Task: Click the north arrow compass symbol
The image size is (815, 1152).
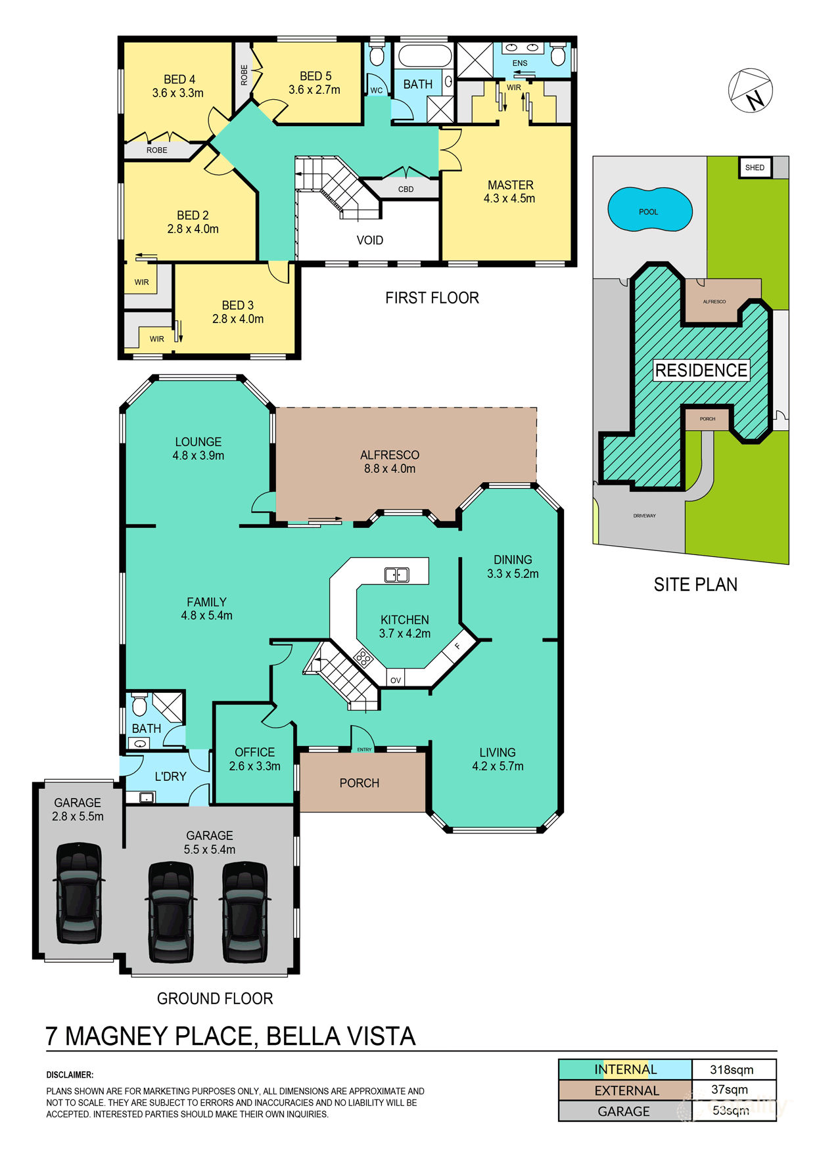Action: pyautogui.click(x=751, y=91)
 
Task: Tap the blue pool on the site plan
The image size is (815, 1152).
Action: pyautogui.click(x=649, y=210)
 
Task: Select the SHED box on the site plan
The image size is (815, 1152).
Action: pyautogui.click(x=755, y=167)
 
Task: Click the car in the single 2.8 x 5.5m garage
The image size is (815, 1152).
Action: pyautogui.click(x=79, y=893)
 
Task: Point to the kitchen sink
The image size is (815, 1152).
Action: pyautogui.click(x=396, y=575)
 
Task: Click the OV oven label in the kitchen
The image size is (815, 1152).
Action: pyautogui.click(x=395, y=680)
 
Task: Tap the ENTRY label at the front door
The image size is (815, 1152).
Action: pyautogui.click(x=364, y=749)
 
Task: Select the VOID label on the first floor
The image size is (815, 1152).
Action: pyautogui.click(x=369, y=240)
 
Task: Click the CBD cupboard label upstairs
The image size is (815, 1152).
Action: pyautogui.click(x=406, y=189)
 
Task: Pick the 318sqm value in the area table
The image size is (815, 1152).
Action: pyautogui.click(x=732, y=1070)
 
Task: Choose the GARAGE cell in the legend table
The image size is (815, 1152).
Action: pyautogui.click(x=624, y=1111)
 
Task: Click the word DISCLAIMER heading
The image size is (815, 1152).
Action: pyautogui.click(x=70, y=1075)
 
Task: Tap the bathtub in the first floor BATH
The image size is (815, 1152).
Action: pyautogui.click(x=425, y=56)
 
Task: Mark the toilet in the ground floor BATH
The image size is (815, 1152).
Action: pyautogui.click(x=139, y=705)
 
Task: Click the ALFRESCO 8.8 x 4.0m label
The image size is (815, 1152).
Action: pyautogui.click(x=390, y=462)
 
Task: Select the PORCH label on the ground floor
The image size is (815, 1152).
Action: pyautogui.click(x=359, y=783)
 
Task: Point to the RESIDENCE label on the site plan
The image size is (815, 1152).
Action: pyautogui.click(x=701, y=370)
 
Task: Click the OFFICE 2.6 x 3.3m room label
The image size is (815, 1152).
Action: pyautogui.click(x=254, y=759)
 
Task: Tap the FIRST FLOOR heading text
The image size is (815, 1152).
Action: pyautogui.click(x=432, y=298)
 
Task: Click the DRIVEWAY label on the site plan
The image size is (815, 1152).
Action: pyautogui.click(x=644, y=516)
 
